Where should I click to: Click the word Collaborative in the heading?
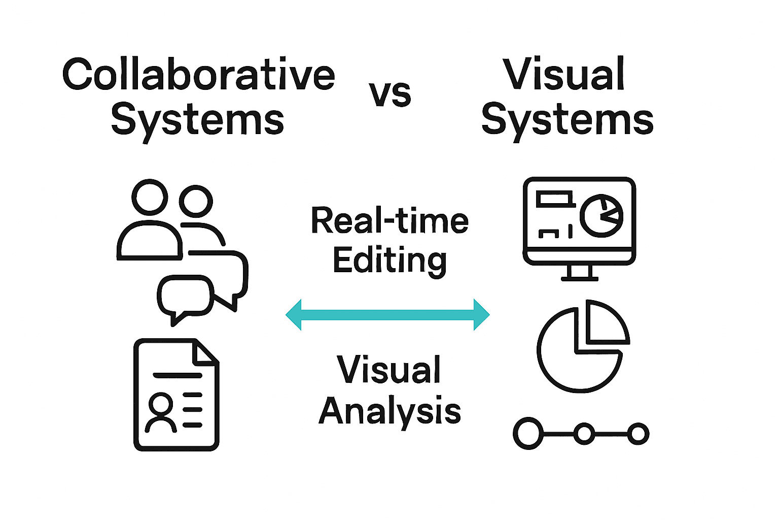click(198, 75)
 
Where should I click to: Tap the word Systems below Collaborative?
click(197, 120)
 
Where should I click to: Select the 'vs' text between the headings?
click(389, 94)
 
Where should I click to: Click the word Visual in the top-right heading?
click(563, 75)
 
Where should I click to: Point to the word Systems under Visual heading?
click(567, 120)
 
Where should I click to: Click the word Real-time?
click(389, 221)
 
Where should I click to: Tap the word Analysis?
click(389, 411)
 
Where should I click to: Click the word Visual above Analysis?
click(388, 370)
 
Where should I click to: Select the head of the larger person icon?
click(150, 197)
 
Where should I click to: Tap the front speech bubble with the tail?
click(184, 296)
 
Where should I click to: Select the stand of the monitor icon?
click(580, 273)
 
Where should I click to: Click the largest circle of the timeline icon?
click(528, 434)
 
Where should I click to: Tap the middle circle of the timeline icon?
click(585, 434)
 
